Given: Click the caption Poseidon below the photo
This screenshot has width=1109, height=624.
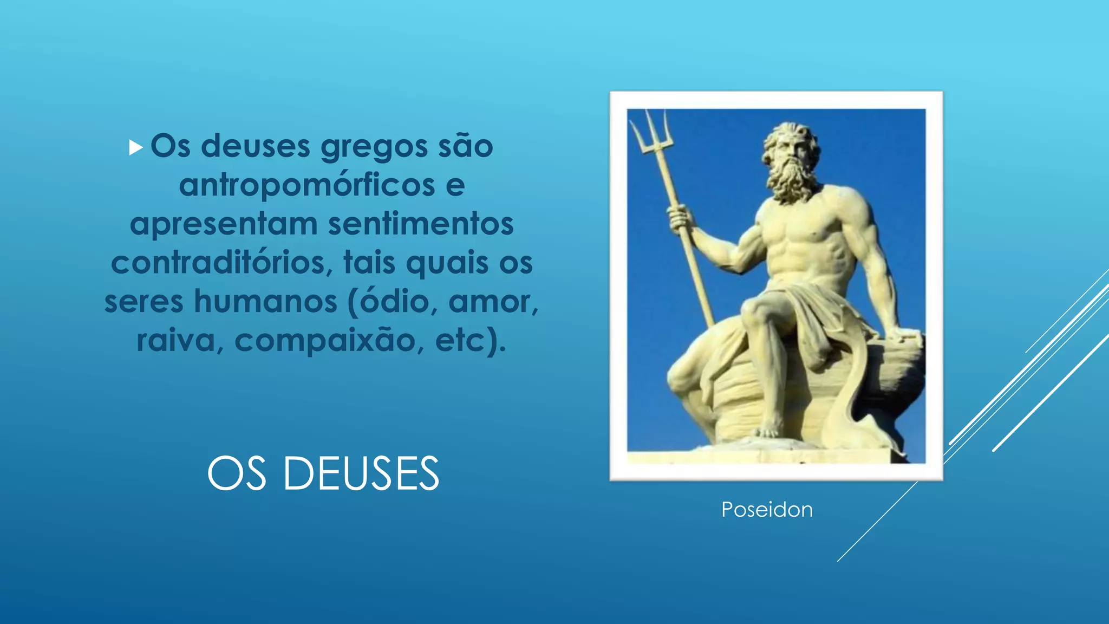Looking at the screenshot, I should point(767,510).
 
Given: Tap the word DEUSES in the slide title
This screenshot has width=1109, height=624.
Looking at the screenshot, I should point(361,474).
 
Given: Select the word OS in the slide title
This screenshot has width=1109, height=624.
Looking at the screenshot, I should point(237,474).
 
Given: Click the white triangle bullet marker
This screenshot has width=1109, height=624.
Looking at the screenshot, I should point(135,147).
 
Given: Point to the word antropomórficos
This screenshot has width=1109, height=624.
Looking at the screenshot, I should point(306,185).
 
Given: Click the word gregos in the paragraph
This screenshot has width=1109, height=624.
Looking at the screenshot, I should point(374,147).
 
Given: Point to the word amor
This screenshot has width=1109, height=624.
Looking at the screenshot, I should point(493,301).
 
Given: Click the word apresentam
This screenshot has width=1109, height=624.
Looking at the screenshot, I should point(224,224).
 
